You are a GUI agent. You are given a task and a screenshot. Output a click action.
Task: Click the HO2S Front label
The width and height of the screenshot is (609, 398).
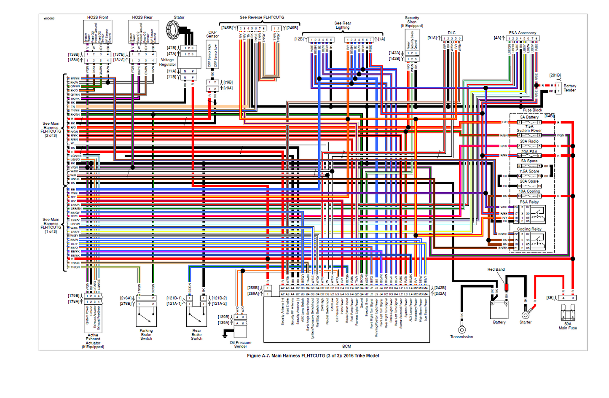click(97, 17)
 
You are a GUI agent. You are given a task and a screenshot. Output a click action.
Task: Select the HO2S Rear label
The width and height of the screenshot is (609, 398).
click(142, 17)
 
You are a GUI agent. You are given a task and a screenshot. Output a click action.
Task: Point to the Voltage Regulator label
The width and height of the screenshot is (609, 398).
click(167, 62)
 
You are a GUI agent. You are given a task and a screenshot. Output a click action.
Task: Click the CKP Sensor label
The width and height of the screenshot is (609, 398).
click(212, 34)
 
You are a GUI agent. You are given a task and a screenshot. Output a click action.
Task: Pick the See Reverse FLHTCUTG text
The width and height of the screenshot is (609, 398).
click(262, 17)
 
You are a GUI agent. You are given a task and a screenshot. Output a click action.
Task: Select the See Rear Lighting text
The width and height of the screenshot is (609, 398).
click(343, 25)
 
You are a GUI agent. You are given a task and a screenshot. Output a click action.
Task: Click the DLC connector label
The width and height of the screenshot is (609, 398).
click(451, 32)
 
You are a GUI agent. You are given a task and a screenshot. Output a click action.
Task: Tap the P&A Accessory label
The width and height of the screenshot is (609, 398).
click(522, 32)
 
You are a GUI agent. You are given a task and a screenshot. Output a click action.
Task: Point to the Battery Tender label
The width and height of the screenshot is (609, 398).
click(570, 88)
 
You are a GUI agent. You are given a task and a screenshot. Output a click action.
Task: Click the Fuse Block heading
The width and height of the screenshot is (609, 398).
click(532, 110)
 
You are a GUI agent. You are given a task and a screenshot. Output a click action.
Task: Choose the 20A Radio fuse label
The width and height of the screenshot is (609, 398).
click(529, 141)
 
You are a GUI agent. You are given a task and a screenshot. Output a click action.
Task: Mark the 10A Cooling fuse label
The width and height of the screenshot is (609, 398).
click(529, 191)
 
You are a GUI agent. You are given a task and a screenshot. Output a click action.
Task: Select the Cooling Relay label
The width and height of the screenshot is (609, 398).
click(529, 229)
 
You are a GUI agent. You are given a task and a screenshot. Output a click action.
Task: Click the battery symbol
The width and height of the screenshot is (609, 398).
click(499, 309)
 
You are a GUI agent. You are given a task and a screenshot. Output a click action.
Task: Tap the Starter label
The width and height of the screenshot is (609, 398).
click(525, 322)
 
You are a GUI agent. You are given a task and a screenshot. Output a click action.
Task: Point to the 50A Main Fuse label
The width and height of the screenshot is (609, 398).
click(567, 326)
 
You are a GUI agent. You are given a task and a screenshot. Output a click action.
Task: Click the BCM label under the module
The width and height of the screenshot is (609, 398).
click(346, 346)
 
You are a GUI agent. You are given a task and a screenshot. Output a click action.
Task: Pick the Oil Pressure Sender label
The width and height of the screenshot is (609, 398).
click(240, 344)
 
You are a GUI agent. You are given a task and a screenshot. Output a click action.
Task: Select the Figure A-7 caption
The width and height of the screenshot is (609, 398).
click(313, 355)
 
